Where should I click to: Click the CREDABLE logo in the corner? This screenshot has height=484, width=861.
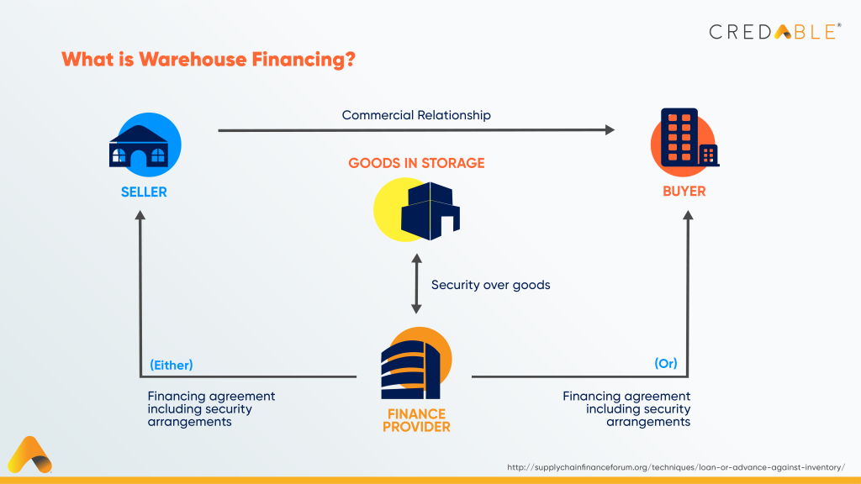[774, 32]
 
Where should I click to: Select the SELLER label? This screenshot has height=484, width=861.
[144, 192]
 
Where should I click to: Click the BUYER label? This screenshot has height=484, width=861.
[684, 191]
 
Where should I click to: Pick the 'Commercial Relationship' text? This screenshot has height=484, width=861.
[416, 114]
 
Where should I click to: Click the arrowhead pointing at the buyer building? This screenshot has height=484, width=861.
[609, 129]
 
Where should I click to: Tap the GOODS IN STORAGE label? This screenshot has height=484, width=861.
[416, 163]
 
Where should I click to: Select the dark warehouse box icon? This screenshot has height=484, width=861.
[430, 210]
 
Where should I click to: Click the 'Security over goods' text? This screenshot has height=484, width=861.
[490, 285]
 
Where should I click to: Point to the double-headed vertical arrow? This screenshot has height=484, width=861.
[415, 285]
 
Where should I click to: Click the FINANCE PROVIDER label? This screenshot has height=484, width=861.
[416, 420]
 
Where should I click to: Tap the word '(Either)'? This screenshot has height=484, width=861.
[172, 365]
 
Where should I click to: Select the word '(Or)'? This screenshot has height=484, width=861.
[665, 364]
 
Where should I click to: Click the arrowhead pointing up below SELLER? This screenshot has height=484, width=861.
[141, 216]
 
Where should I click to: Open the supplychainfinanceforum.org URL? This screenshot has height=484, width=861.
[676, 466]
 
